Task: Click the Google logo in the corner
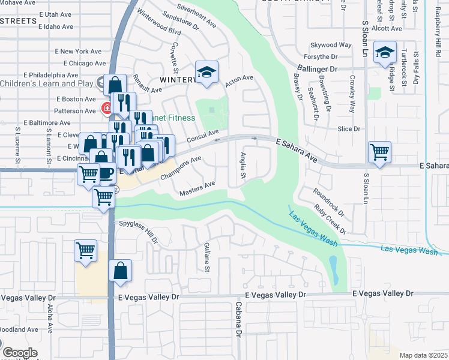point(20,353)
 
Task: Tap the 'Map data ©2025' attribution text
point(423,355)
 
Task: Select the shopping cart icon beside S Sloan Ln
point(379,152)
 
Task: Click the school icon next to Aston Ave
point(206,72)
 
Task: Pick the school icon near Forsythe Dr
point(384,52)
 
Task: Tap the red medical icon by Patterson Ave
point(106,109)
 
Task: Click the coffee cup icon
point(106,173)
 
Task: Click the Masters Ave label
point(197,188)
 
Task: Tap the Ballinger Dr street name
point(318,69)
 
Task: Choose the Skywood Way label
point(330,45)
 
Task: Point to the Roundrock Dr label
point(328,203)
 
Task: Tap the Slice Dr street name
point(348,129)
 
